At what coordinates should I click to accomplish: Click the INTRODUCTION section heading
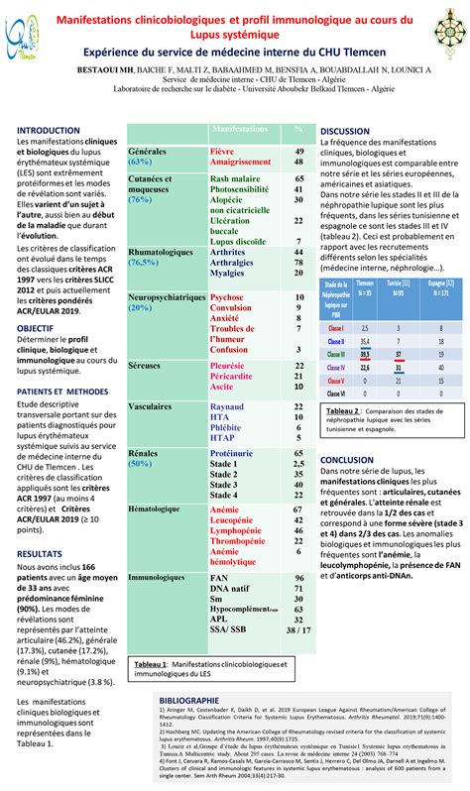tap(49, 130)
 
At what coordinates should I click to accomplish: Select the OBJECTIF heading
tap(36, 327)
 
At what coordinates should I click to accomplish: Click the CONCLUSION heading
tap(347, 460)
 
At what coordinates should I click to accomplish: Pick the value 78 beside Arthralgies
tap(297, 264)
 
